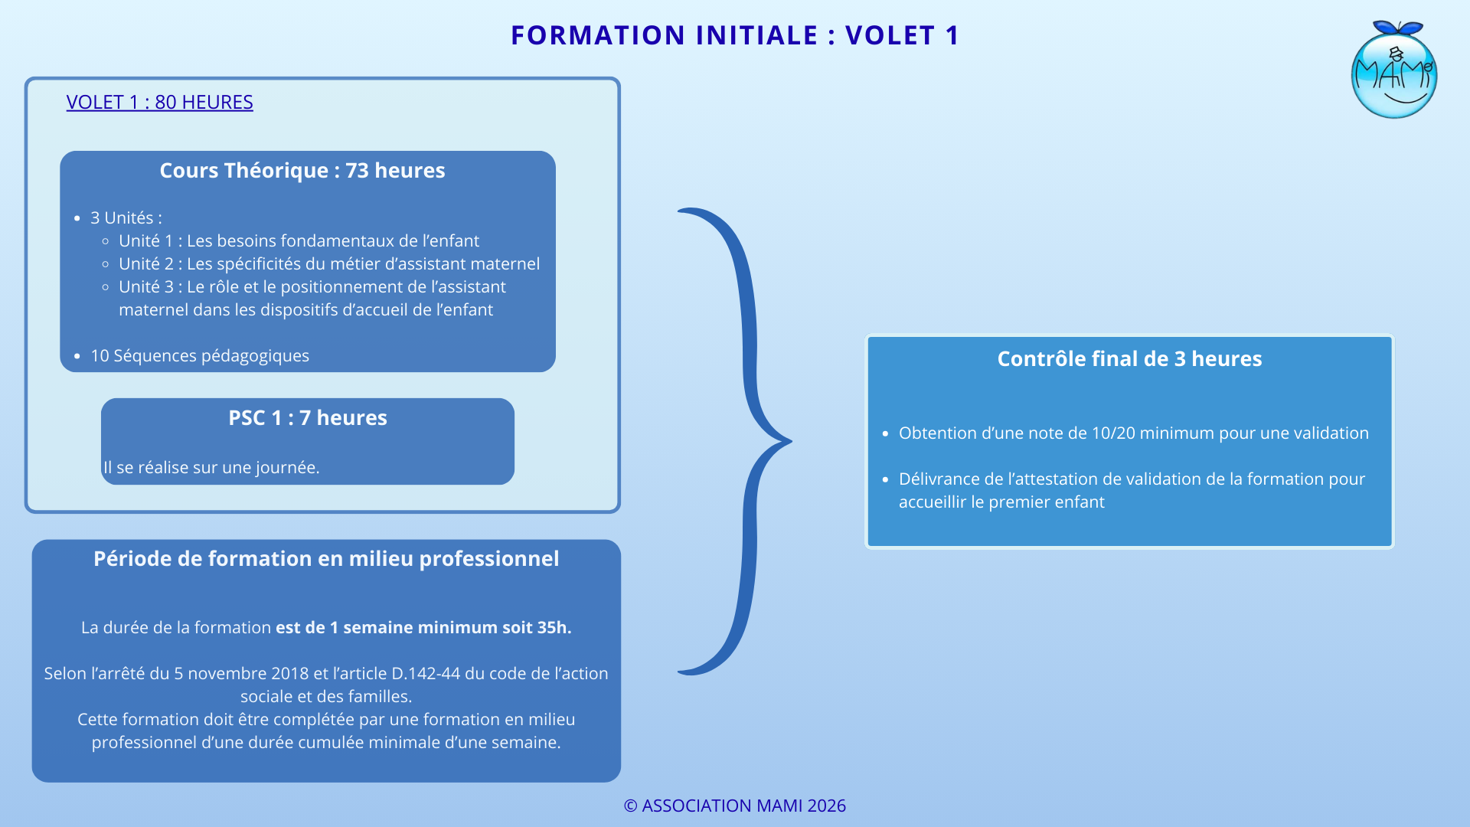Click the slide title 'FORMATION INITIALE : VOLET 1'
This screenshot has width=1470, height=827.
pos(735,35)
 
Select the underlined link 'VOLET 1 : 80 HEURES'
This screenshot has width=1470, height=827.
pos(159,102)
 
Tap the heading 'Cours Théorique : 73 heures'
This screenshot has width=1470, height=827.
pos(302,170)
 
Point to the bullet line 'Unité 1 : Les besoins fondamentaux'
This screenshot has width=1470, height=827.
pos(299,240)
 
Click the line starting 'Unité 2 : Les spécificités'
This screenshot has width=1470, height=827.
pos(329,263)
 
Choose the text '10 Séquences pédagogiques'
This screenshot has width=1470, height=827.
pos(200,355)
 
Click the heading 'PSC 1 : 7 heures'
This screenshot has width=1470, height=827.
pos(308,417)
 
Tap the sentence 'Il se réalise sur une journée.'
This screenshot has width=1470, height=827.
pos(211,467)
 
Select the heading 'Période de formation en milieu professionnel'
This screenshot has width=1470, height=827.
pos(326,558)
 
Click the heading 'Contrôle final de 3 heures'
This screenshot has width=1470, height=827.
pos(1129,358)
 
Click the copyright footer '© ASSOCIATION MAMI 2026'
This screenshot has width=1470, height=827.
pos(735,806)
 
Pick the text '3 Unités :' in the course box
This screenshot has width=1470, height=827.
pos(126,217)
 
